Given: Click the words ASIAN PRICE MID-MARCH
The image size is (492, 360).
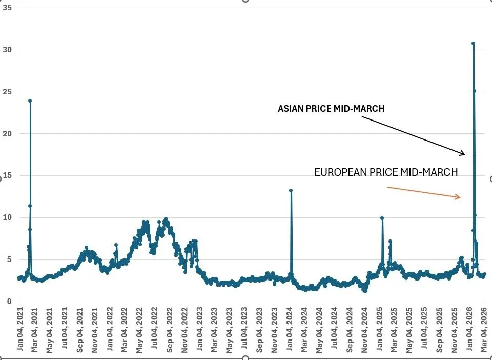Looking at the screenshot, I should (x=331, y=109).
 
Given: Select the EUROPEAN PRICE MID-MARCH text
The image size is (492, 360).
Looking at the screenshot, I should (x=386, y=172).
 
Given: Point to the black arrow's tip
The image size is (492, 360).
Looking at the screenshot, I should (x=465, y=154).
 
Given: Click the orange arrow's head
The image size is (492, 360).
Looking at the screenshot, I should (x=461, y=197).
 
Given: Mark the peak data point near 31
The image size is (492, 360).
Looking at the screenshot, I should (x=473, y=44).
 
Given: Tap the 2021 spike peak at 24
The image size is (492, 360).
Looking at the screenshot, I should (x=30, y=101).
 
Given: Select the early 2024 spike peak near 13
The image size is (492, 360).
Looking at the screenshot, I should (x=291, y=190).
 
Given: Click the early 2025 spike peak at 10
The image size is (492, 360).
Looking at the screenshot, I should (x=382, y=218).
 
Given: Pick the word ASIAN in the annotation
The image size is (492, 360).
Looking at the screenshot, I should (x=290, y=109).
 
